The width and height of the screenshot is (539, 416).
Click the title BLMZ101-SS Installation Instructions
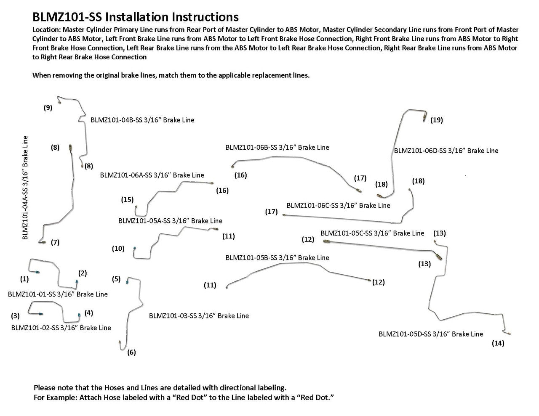point(136,17)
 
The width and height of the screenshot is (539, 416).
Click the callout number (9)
point(48,108)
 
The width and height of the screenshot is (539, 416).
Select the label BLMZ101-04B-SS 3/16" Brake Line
point(142,120)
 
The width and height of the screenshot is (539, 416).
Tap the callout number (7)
point(55,242)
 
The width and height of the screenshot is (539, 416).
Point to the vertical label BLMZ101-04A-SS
point(26,187)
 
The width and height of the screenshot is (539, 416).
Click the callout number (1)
point(24,278)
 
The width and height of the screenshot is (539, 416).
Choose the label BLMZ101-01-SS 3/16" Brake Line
point(58,294)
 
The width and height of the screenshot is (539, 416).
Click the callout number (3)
point(16,315)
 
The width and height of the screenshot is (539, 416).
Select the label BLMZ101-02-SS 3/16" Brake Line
point(61,328)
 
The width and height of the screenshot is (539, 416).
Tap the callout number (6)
point(131,352)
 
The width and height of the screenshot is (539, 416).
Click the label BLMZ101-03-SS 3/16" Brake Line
point(199,315)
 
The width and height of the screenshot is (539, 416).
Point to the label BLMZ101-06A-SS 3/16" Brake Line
point(152,175)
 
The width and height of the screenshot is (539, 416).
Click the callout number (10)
point(118,249)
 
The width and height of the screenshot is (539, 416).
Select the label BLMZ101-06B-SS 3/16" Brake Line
point(277,147)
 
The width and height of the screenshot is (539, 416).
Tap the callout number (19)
point(437,120)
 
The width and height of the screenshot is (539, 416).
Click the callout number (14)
point(498,343)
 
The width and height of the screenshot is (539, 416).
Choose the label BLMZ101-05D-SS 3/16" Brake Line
point(431,334)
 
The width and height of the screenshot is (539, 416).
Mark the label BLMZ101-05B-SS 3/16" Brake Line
point(278,257)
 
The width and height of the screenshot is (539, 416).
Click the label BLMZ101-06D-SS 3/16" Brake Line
point(446,151)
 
